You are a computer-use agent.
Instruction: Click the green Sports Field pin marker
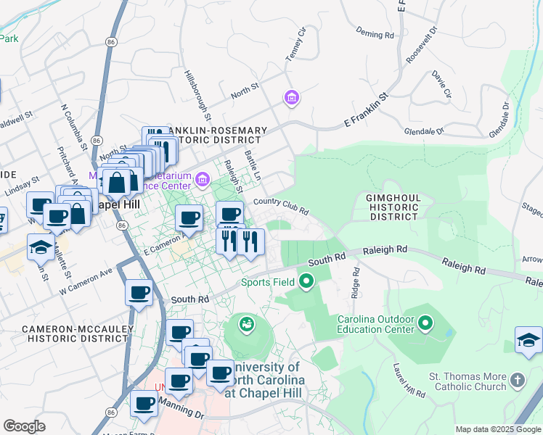pos(306,281)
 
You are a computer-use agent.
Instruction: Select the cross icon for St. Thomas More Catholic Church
pos(517,380)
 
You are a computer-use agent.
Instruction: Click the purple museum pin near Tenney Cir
pos(292,97)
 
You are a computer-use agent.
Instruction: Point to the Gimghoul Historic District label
pos(392,207)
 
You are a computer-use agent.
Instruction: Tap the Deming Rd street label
pos(375,33)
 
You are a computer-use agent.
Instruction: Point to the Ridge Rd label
pos(355,282)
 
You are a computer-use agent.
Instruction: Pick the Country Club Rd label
pos(281,207)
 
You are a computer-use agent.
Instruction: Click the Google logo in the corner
pos(24,426)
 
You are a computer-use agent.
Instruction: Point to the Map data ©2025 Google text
pos(498,429)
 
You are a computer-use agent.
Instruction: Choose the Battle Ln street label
pos(253,165)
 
